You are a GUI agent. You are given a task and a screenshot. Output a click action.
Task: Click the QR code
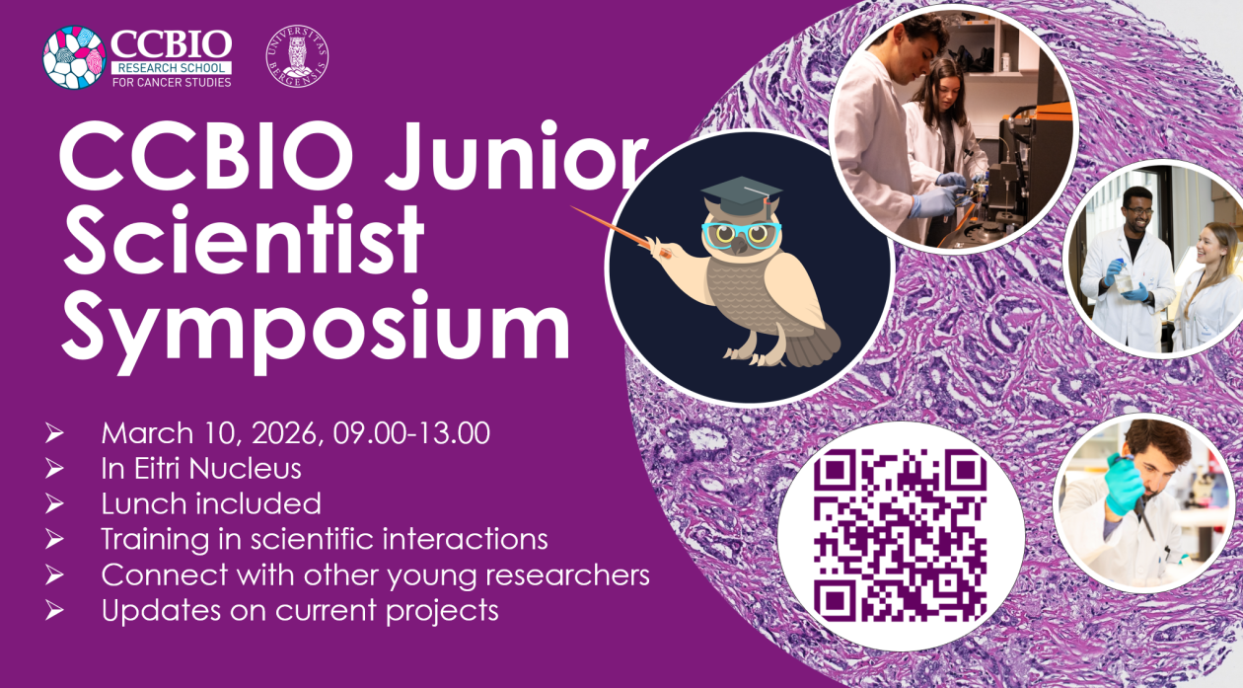[x=900, y=534]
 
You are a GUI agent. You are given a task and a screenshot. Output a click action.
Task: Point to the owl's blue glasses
[x=741, y=234]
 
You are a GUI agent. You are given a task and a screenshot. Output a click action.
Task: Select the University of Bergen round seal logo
[x=297, y=55]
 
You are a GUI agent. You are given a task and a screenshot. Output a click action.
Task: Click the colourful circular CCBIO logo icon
[x=74, y=56]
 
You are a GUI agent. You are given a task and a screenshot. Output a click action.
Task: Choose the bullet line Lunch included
[x=211, y=503]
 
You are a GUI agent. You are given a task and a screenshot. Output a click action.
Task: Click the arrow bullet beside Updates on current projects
[x=55, y=611]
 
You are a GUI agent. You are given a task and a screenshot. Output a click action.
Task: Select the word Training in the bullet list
[x=156, y=540]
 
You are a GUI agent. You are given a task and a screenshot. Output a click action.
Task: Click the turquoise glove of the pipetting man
[x=1124, y=486]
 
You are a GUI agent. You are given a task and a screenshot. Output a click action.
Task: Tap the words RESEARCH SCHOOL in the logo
[x=172, y=67]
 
